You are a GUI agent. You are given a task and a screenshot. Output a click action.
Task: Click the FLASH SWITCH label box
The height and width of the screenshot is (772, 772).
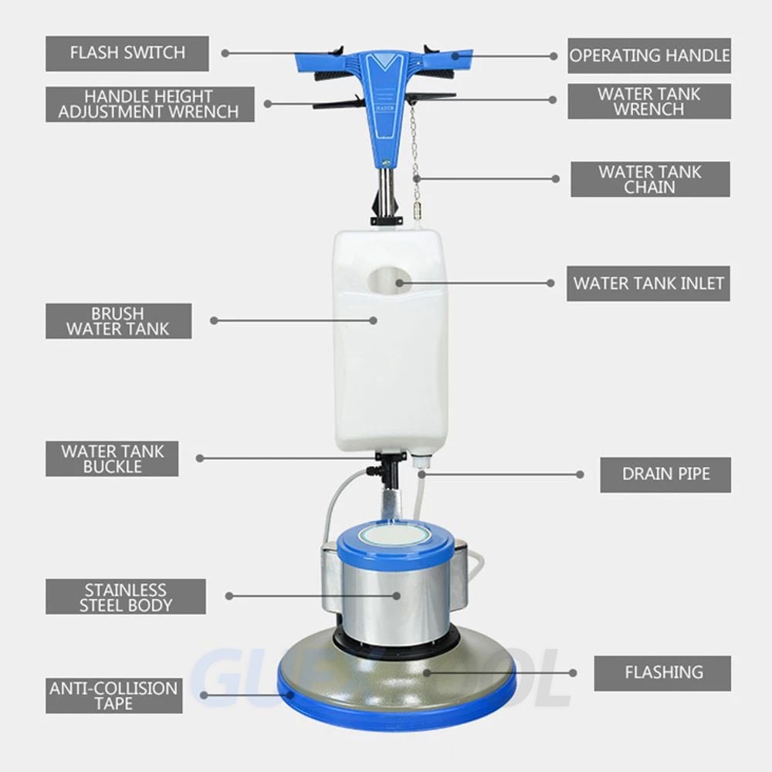(127, 54)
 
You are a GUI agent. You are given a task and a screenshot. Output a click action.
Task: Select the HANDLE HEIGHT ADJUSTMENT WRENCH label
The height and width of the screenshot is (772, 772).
(150, 104)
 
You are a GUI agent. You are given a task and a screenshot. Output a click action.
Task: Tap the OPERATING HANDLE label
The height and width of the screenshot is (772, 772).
(649, 56)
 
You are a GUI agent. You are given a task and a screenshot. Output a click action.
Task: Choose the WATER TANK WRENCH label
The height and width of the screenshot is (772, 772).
(649, 101)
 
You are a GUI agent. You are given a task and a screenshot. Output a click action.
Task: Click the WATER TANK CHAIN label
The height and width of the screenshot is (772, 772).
(650, 179)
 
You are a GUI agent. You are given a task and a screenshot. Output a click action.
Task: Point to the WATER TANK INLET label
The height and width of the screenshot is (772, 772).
(648, 283)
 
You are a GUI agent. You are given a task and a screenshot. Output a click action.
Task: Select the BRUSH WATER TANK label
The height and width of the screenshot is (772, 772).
(118, 321)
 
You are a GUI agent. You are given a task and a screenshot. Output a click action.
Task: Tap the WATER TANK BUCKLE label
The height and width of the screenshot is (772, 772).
(112, 459)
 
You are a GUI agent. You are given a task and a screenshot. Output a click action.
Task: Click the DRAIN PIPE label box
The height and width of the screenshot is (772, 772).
(665, 475)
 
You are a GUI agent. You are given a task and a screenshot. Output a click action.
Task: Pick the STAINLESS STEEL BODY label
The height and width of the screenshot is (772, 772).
(126, 597)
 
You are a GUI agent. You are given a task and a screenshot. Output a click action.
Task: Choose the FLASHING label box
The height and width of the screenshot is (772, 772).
(662, 673)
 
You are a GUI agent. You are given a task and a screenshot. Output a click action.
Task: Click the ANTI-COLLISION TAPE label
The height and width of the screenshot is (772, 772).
(113, 696)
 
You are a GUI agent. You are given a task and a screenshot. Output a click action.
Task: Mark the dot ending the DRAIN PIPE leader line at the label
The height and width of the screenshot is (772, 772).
(580, 475)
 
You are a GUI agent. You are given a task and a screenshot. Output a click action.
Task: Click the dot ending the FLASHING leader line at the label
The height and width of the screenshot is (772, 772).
(573, 673)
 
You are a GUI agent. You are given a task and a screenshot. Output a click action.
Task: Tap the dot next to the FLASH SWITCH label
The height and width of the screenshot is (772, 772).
(225, 53)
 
